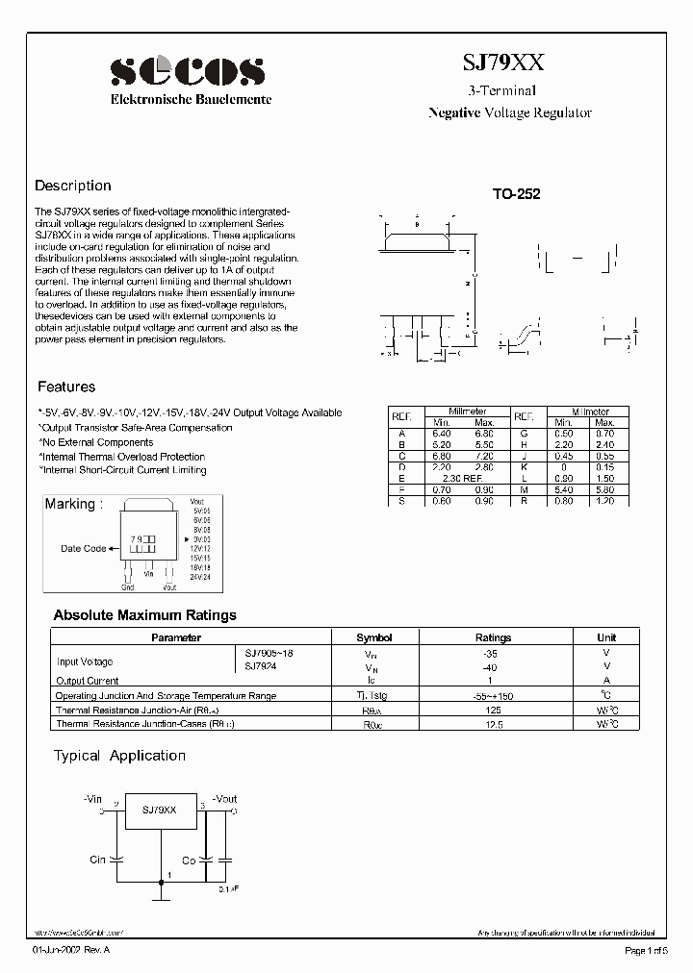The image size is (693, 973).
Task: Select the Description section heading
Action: pos(73,186)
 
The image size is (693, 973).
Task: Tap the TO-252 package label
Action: pos(517,193)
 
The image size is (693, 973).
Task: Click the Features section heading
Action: pos(66,387)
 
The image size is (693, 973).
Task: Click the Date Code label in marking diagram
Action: pos(84,549)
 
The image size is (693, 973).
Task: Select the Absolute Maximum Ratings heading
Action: pos(144,615)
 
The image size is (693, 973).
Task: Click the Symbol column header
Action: pos(374,637)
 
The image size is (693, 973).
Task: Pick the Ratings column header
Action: pos(493,637)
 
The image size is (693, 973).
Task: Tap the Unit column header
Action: pos(606,637)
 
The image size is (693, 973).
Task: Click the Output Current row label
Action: pos(88,681)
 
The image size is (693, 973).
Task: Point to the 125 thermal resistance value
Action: pos(493,710)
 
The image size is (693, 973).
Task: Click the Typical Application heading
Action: pos(119,756)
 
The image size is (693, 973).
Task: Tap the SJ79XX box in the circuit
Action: pos(160,811)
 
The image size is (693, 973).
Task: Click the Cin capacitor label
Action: pos(97,860)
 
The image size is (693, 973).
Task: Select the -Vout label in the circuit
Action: pos(223,799)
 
